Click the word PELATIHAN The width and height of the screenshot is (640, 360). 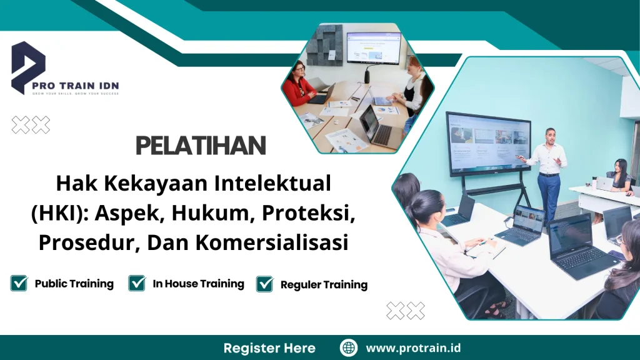pyautogui.click(x=201, y=146)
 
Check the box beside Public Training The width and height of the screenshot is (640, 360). pyautogui.click(x=19, y=284)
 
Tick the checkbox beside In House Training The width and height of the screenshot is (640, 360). pyautogui.click(x=137, y=284)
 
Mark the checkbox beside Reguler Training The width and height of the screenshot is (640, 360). pyautogui.click(x=265, y=284)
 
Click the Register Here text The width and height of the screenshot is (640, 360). pyautogui.click(x=269, y=348)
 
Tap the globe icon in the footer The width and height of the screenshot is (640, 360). pyautogui.click(x=349, y=348)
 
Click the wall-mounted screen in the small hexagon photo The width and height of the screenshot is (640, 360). pyautogui.click(x=373, y=48)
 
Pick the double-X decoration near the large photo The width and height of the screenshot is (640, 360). pyautogui.click(x=406, y=311)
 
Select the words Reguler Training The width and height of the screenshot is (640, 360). pyautogui.click(x=324, y=285)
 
